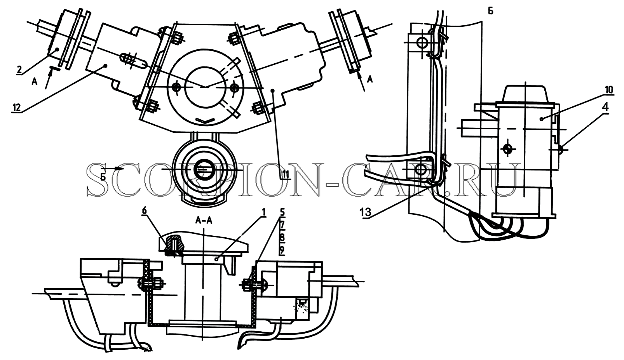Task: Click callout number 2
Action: coord(19,70)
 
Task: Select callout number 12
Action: coord(16,107)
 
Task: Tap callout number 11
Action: coord(286,174)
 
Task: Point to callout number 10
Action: coord(609,90)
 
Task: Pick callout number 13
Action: coord(365,212)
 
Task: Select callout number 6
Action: coord(144,211)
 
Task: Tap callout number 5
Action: coord(282,212)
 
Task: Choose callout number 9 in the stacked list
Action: coord(282,251)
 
